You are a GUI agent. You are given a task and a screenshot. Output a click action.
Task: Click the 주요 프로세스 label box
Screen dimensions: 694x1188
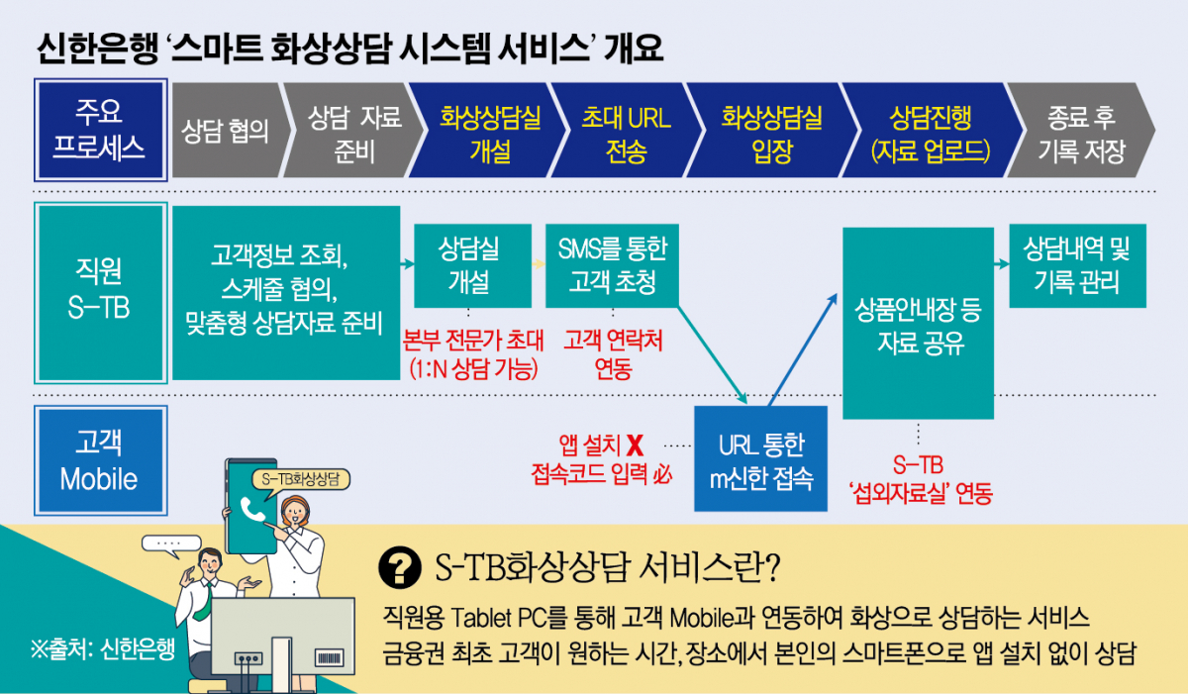coord(98,131)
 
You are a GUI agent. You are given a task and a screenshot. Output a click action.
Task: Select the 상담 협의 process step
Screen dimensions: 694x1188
coord(225,133)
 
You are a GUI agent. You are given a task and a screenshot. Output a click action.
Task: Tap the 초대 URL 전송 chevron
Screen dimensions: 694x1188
coord(626,133)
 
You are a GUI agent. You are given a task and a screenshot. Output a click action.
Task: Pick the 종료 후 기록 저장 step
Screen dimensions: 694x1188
coord(1080,133)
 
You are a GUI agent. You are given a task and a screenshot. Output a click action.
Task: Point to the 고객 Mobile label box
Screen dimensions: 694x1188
coord(98,460)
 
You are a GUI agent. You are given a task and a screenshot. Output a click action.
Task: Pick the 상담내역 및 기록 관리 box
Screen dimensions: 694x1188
coord(1077,264)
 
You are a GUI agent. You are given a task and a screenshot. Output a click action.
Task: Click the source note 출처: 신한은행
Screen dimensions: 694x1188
coord(102,649)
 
